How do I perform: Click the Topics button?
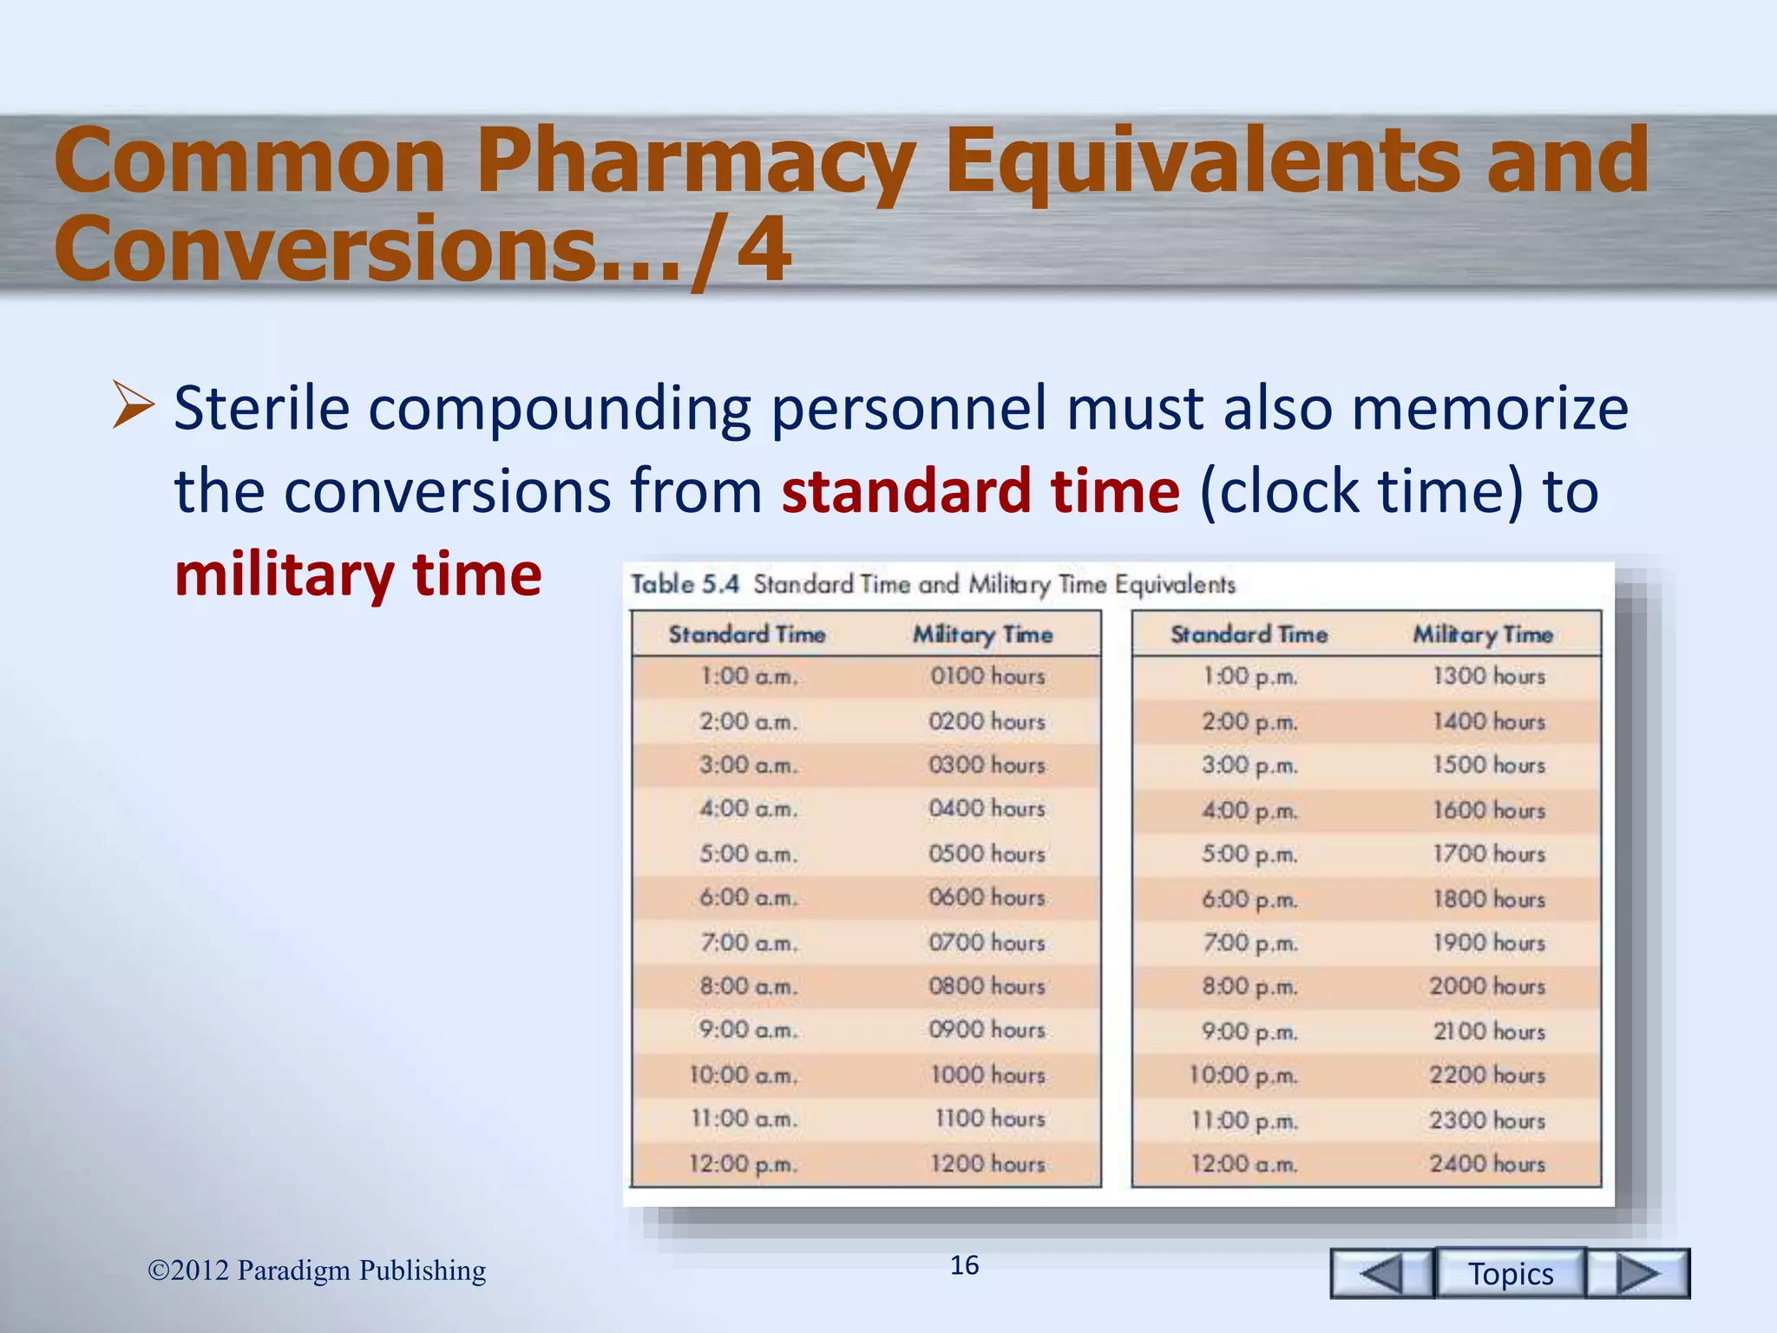pos(1511,1273)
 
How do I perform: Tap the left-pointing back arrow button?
pos(1381,1273)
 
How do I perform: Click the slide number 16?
pos(964,1265)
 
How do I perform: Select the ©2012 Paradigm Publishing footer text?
pos(317,1270)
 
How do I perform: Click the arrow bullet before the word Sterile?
pos(133,406)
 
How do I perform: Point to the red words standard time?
pos(980,491)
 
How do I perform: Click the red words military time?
pos(357,575)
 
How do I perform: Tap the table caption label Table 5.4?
pos(685,584)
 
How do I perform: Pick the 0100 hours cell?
pos(987,676)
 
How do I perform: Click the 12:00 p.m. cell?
pos(744,1164)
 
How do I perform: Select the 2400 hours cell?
pos(1487,1164)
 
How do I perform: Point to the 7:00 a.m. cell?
pos(748,942)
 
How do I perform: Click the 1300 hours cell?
pos(1489,676)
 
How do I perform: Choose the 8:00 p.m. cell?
pos(1249,987)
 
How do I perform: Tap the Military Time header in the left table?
pos(982,634)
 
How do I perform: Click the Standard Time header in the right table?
pos(1249,634)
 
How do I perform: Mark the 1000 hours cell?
pos(987,1075)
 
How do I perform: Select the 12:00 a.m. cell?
pos(1244,1164)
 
